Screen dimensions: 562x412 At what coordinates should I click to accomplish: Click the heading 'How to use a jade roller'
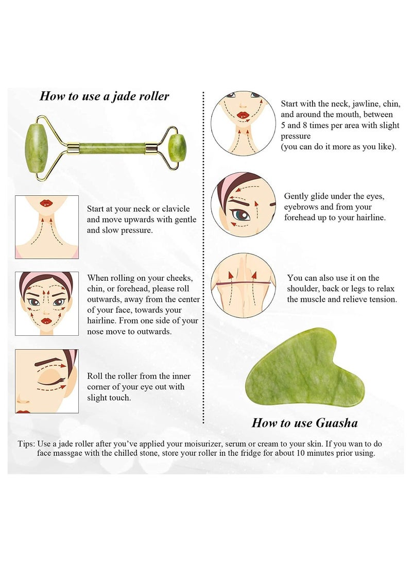click(105, 96)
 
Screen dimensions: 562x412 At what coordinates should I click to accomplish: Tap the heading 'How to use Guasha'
click(304, 423)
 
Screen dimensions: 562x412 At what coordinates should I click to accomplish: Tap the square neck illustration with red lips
click(47, 227)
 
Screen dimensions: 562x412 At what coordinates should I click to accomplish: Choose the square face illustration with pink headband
click(47, 303)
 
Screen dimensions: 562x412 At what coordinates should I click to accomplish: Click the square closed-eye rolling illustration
click(47, 381)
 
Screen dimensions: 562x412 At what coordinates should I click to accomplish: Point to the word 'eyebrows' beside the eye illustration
click(301, 207)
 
